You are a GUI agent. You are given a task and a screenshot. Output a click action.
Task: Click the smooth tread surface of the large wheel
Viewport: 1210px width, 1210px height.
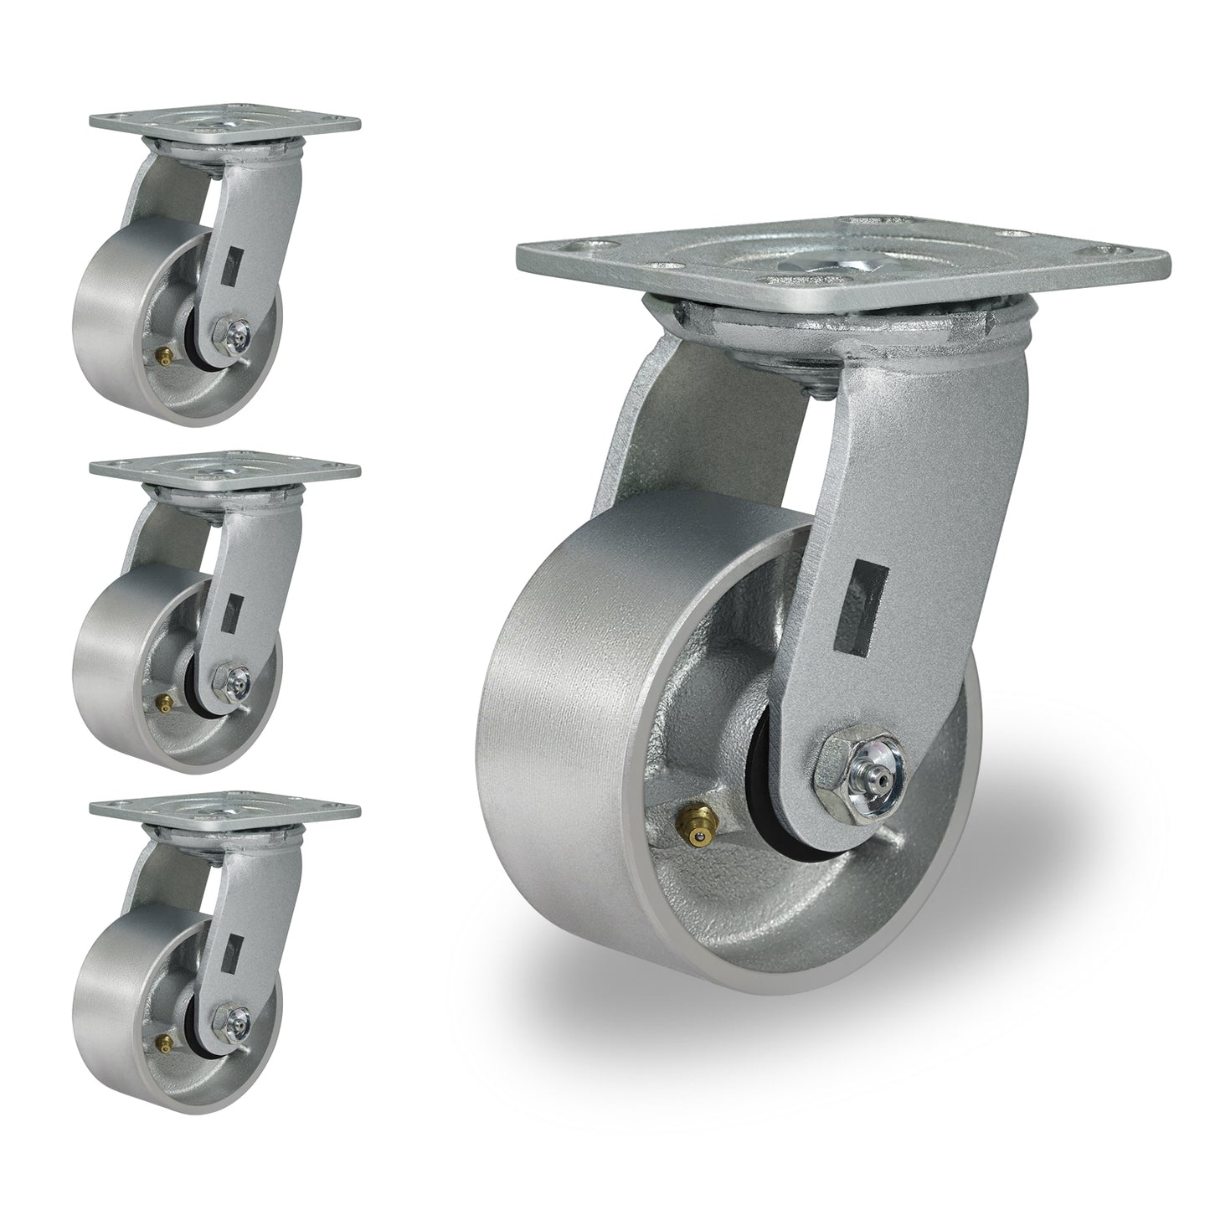(536, 737)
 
